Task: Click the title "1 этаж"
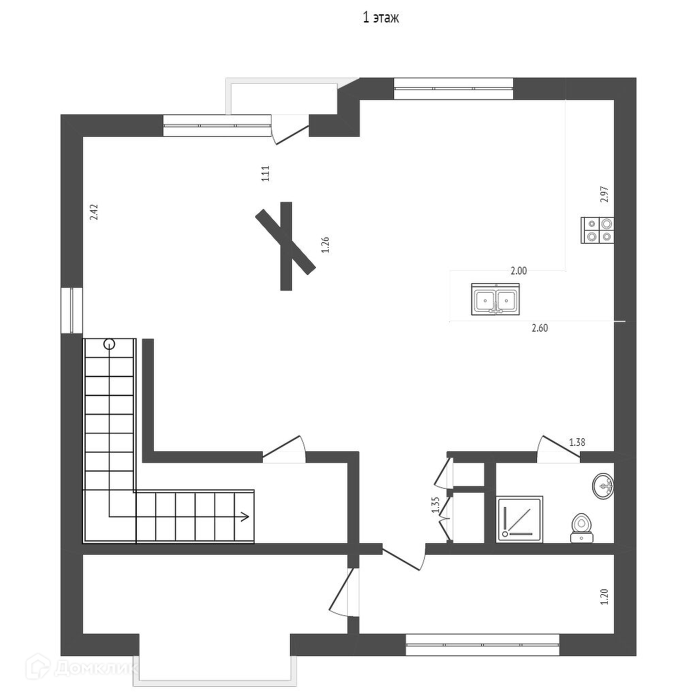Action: click(380, 18)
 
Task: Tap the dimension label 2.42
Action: click(95, 212)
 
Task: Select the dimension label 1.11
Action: click(266, 174)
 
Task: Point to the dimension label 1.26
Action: click(325, 245)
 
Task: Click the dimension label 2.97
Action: click(603, 195)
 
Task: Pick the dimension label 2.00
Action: click(519, 270)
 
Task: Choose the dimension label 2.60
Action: click(539, 328)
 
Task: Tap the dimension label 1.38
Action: click(577, 442)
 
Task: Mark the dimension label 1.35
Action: click(436, 505)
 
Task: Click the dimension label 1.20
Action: click(603, 597)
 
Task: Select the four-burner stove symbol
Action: click(598, 229)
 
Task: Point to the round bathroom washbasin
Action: click(603, 486)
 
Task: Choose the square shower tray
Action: click(519, 519)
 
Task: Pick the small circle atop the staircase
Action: click(109, 344)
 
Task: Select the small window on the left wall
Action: click(71, 311)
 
